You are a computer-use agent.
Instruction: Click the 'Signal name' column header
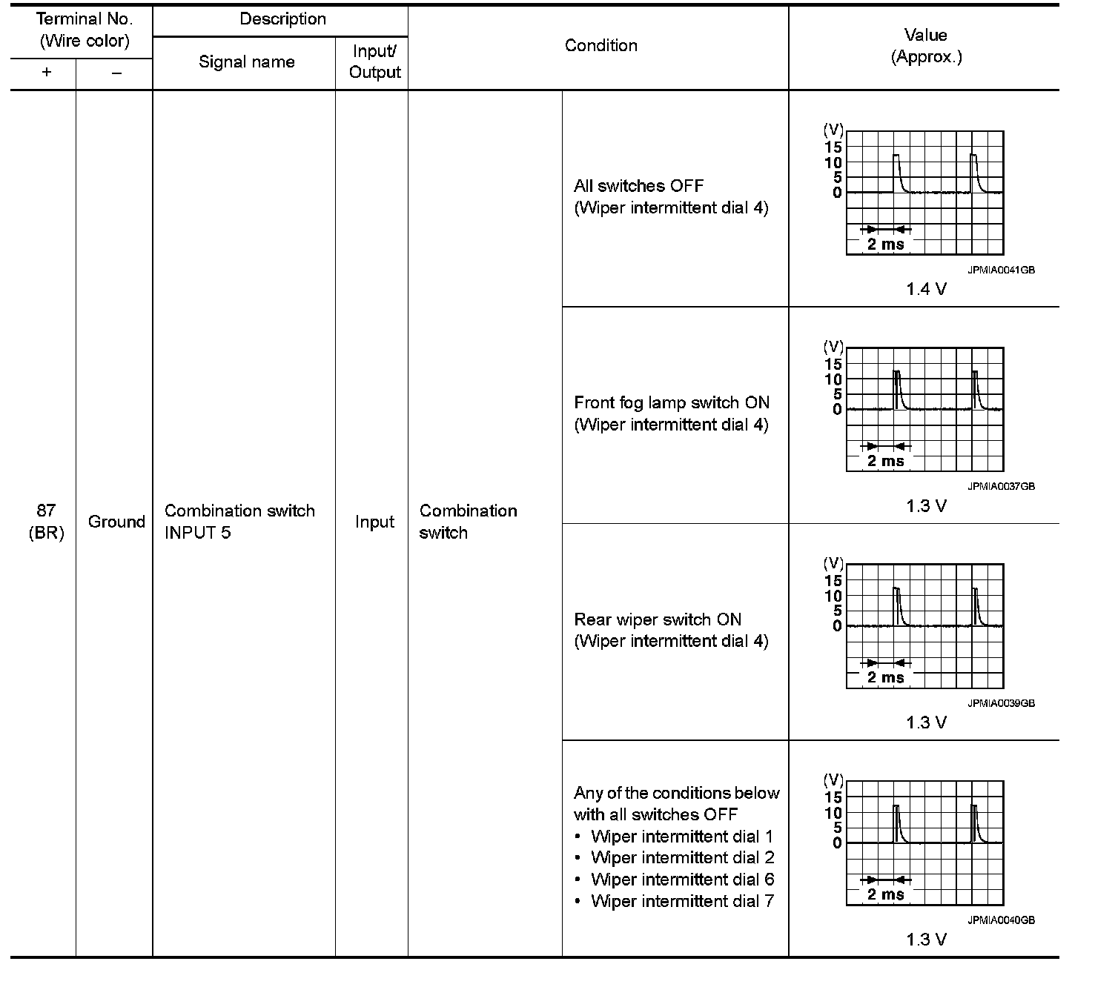[x=246, y=62]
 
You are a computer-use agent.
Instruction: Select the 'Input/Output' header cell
[x=374, y=62]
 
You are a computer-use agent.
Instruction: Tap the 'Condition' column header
[x=600, y=46]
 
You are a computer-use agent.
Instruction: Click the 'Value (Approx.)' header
[x=926, y=46]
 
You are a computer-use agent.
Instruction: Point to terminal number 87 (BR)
[x=46, y=522]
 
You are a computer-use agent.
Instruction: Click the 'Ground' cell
[x=116, y=522]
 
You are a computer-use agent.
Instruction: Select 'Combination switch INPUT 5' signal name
[x=239, y=522]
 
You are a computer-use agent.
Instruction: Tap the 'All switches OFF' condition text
[x=638, y=186]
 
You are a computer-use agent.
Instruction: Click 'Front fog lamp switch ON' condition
[x=672, y=403]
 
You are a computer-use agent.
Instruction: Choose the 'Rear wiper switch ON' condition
[x=658, y=620]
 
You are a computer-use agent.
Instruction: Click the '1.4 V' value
[x=926, y=290]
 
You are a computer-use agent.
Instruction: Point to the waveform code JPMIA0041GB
[x=1001, y=270]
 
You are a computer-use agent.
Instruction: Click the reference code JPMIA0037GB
[x=1001, y=487]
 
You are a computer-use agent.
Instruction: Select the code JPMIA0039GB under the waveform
[x=1001, y=703]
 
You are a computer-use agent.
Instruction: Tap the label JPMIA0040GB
[x=1001, y=920]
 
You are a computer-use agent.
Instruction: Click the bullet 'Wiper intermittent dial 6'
[x=682, y=880]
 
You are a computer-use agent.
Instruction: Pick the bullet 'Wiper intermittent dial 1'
[x=682, y=837]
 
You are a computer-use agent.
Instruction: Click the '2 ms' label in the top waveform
[x=886, y=245]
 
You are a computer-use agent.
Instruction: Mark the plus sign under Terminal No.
[x=46, y=73]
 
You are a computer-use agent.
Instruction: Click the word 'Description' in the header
[x=282, y=20]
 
